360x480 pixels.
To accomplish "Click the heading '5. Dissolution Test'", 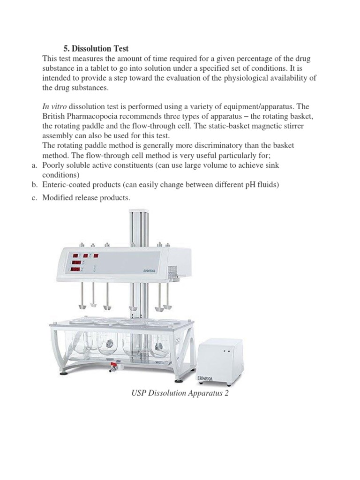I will [96, 49].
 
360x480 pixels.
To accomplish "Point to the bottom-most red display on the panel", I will [75, 270].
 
